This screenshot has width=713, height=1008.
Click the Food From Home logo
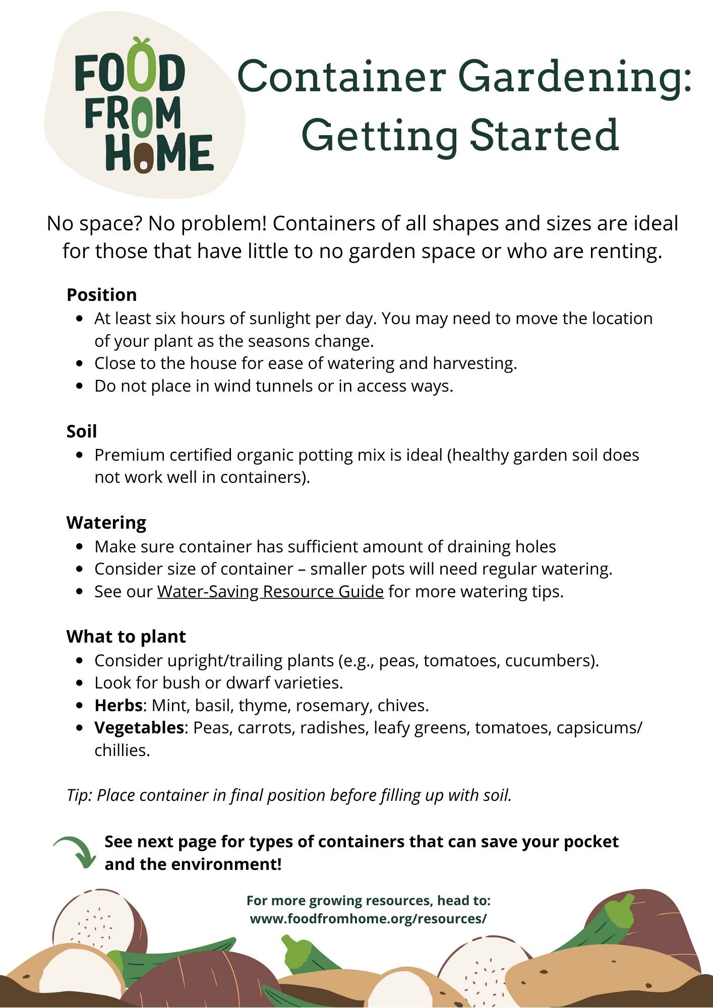[144, 106]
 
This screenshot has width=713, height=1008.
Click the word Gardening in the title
[575, 77]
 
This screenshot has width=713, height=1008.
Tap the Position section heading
[102, 295]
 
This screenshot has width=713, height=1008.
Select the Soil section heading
[82, 431]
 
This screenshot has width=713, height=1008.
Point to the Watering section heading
[106, 523]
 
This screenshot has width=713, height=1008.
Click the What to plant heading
[126, 637]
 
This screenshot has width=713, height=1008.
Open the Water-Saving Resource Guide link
[270, 591]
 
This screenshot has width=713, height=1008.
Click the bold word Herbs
[118, 705]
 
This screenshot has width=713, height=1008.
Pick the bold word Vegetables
[139, 727]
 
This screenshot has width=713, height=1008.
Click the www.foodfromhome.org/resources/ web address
[368, 919]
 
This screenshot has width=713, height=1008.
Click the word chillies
[122, 750]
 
